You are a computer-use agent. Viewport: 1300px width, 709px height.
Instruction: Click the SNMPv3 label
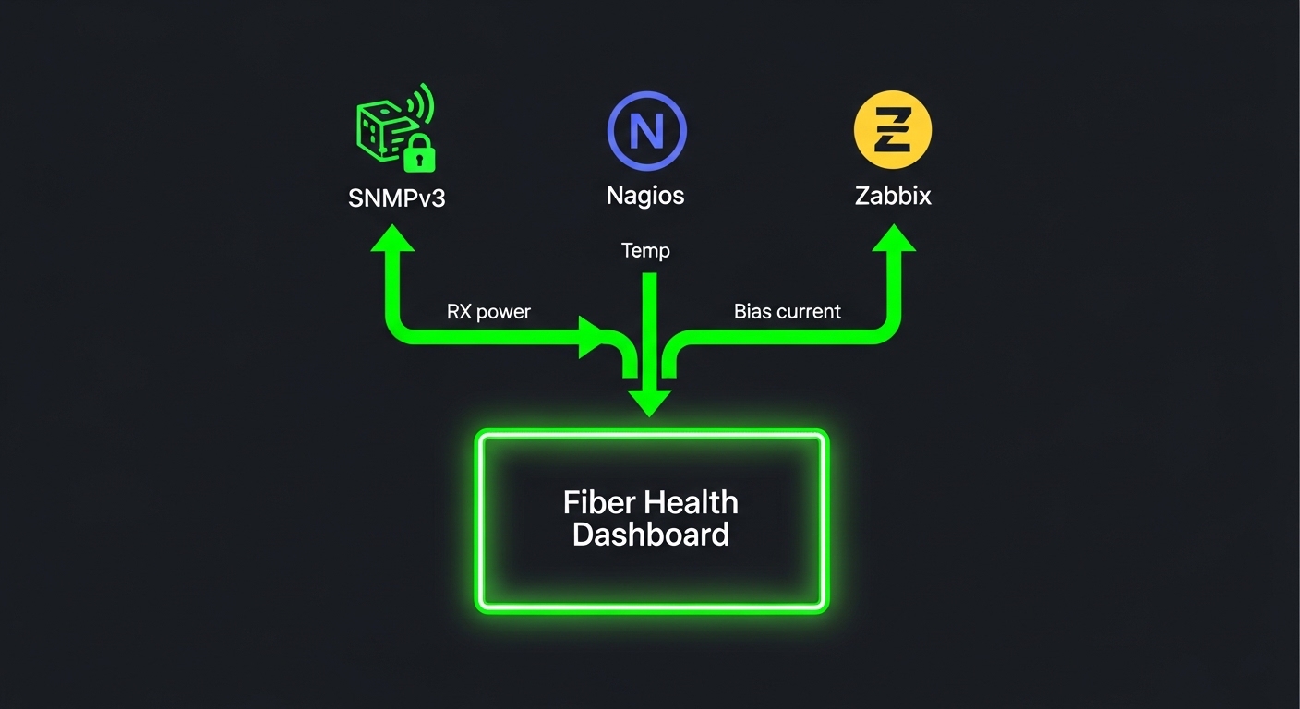click(397, 198)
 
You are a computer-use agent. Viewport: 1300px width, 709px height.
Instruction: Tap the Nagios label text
click(645, 196)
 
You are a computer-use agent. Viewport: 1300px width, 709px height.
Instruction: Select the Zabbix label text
click(892, 196)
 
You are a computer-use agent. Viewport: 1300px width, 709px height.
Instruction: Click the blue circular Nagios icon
click(646, 130)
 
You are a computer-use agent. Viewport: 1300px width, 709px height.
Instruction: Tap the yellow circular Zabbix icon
click(893, 129)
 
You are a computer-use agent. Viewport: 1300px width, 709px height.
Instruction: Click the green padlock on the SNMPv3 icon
click(419, 153)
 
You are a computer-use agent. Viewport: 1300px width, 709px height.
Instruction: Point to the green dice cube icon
click(379, 129)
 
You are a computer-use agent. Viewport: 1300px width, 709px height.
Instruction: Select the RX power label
click(488, 312)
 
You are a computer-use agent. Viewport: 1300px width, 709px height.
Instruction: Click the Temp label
click(645, 250)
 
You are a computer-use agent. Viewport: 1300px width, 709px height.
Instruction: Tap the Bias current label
click(787, 312)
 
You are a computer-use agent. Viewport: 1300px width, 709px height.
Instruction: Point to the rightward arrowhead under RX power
click(592, 337)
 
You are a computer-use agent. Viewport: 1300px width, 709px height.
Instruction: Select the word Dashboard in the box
click(650, 535)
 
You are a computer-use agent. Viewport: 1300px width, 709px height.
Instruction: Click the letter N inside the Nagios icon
click(646, 131)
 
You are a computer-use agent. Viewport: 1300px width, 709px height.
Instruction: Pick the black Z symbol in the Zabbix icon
click(893, 130)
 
